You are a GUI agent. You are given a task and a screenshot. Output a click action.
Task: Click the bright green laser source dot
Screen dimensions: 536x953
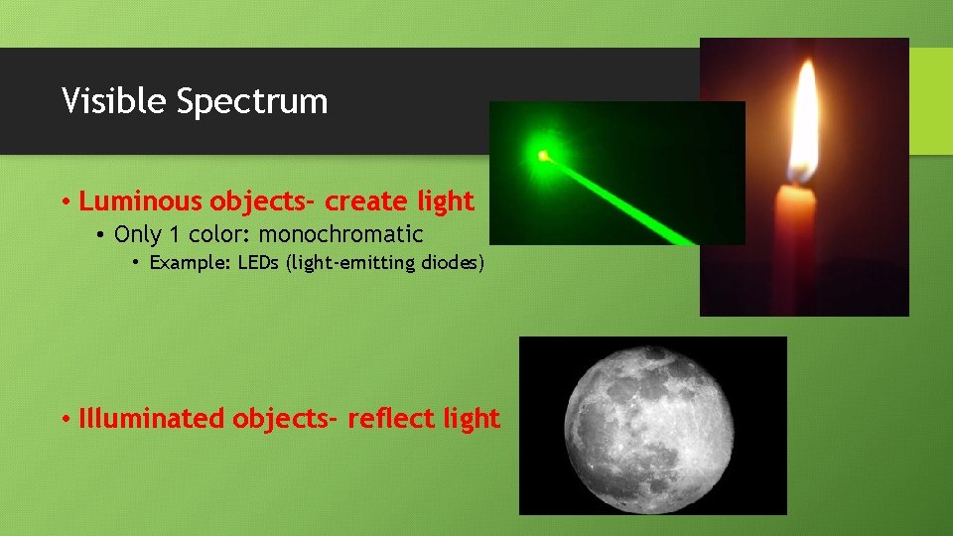[x=542, y=155]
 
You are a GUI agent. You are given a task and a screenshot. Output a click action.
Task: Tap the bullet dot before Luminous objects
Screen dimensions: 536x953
[x=65, y=202]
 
